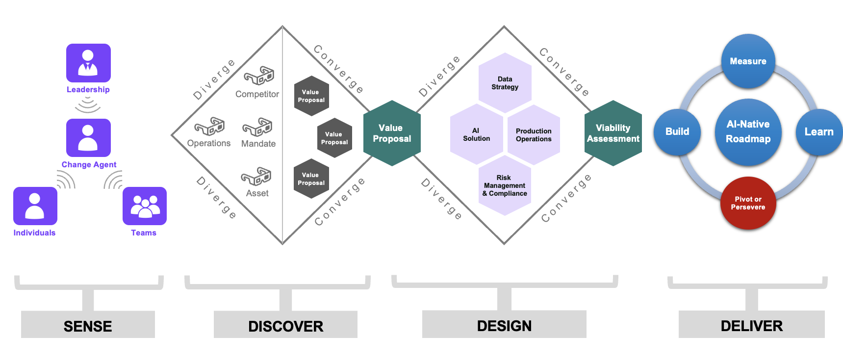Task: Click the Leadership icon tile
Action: tap(88, 63)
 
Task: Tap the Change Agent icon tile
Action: tap(88, 138)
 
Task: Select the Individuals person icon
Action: tap(35, 206)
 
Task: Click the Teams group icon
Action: tap(145, 206)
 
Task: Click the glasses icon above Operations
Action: tap(209, 127)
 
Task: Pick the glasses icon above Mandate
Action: tap(257, 127)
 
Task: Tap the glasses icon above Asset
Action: tap(256, 177)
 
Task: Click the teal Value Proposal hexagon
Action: tap(392, 133)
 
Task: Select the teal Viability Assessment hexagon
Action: tap(613, 133)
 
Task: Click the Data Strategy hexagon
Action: tap(505, 83)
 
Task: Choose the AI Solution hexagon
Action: tap(476, 134)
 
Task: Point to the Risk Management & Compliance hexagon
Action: tap(505, 185)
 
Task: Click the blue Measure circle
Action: tap(748, 61)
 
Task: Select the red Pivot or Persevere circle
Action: tap(748, 203)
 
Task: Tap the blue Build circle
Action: tap(677, 131)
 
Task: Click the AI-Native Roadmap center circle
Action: tap(748, 131)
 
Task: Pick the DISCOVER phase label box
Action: tap(285, 326)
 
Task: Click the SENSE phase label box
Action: tap(88, 326)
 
